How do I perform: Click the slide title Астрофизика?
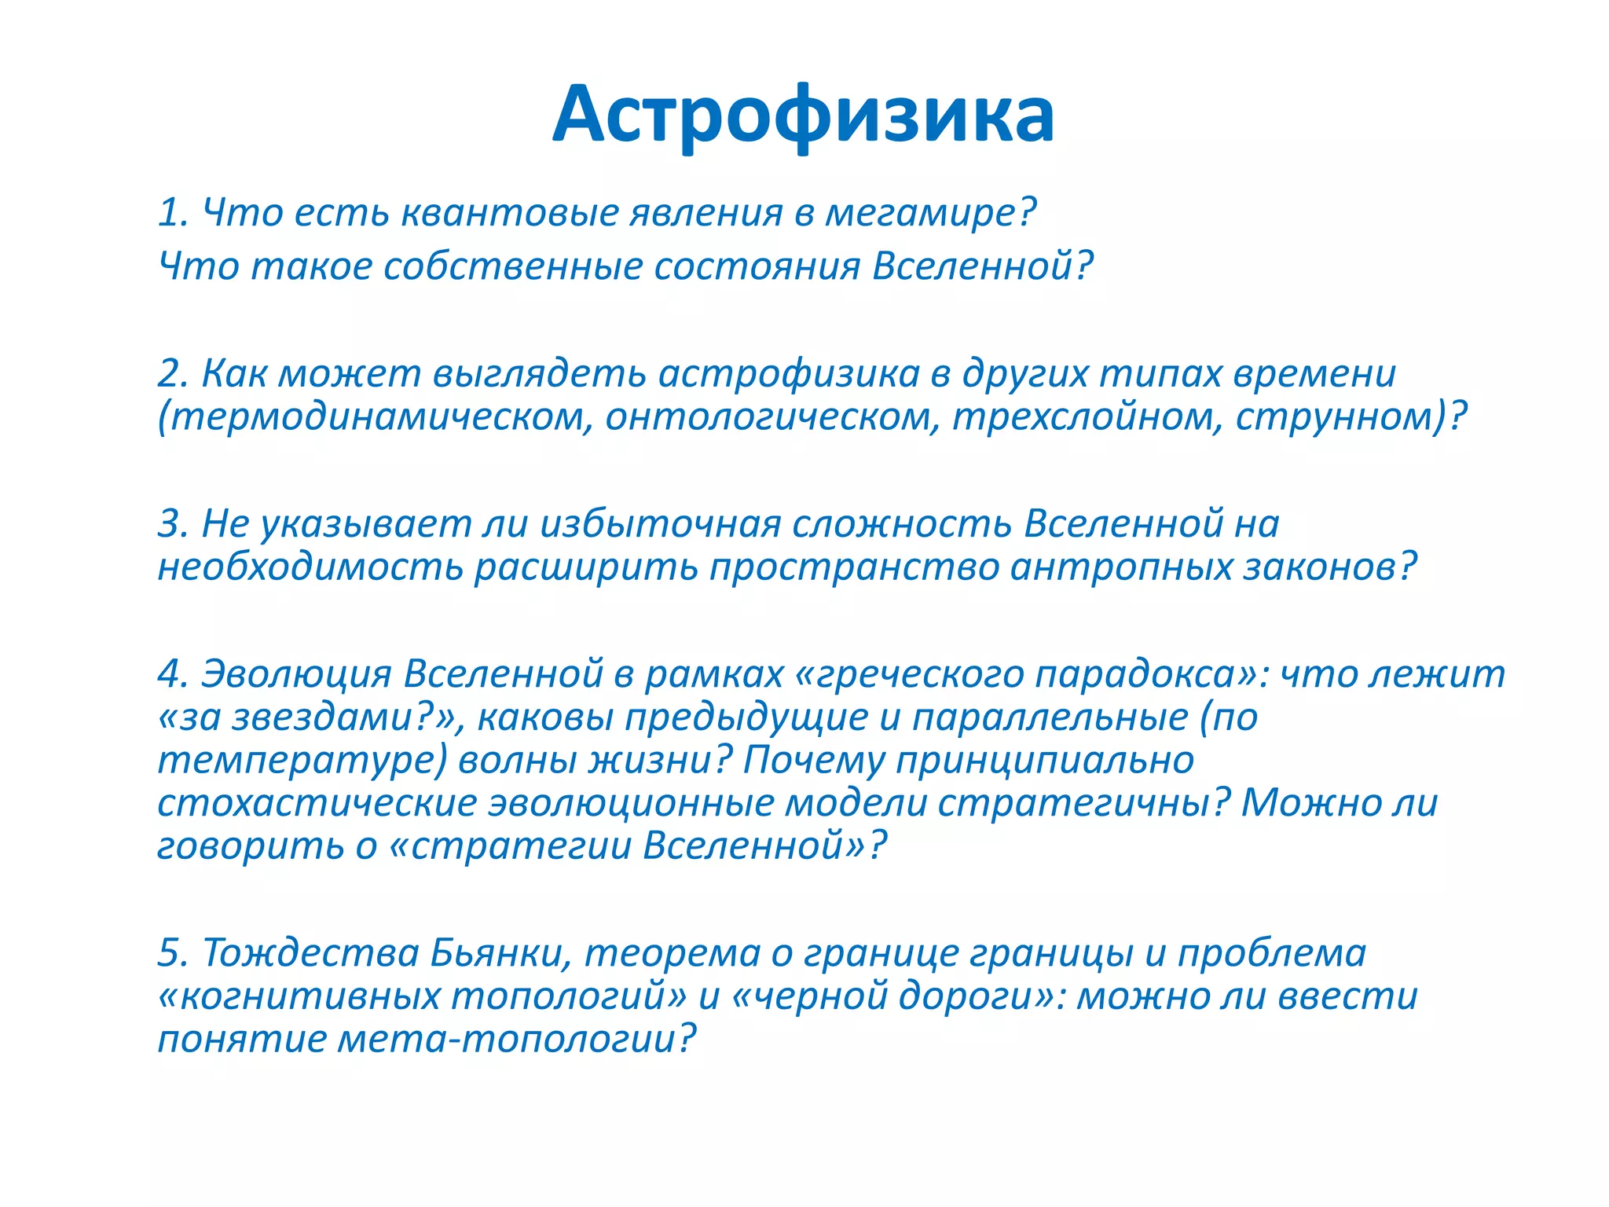(803, 115)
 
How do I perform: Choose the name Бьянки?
(499, 953)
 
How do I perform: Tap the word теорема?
(673, 953)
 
